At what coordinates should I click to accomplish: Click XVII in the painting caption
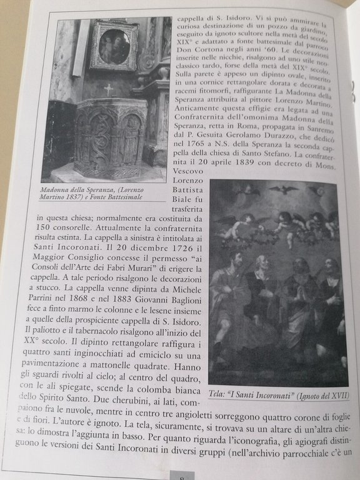click(336, 396)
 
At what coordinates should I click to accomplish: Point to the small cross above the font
click(107, 89)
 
